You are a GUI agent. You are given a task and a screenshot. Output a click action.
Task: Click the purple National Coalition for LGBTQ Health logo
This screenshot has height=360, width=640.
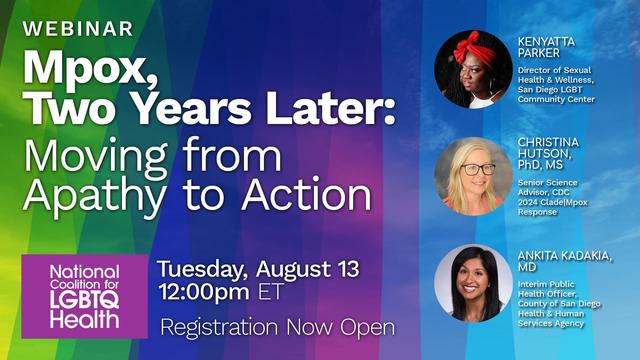click(x=84, y=295)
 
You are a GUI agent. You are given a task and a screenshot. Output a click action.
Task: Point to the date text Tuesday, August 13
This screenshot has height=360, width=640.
click(x=258, y=269)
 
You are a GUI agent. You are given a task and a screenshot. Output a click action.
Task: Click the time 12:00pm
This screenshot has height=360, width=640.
click(x=208, y=294)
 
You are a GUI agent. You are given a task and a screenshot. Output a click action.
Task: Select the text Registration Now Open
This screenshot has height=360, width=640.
click(x=277, y=327)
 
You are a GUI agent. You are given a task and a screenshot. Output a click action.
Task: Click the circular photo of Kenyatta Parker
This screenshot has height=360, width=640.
click(x=472, y=68)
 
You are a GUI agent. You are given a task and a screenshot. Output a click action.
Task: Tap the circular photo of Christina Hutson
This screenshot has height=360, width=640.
click(x=472, y=176)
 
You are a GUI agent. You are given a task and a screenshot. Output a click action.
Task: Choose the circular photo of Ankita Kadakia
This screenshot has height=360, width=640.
click(x=472, y=283)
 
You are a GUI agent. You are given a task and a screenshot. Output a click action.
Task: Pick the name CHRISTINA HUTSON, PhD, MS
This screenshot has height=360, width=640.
click(x=550, y=155)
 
